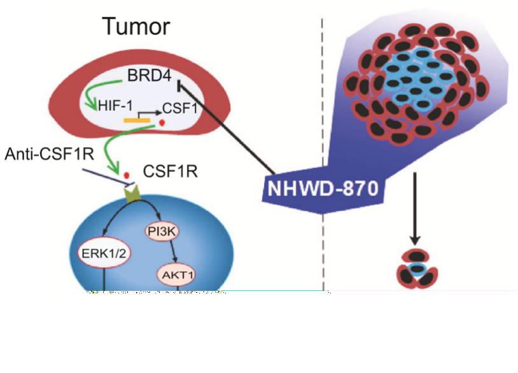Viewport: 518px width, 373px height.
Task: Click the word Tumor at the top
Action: pyautogui.click(x=137, y=26)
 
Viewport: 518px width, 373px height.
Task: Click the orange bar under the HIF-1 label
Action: pyautogui.click(x=137, y=118)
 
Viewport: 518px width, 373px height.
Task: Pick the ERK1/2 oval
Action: pyautogui.click(x=101, y=253)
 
